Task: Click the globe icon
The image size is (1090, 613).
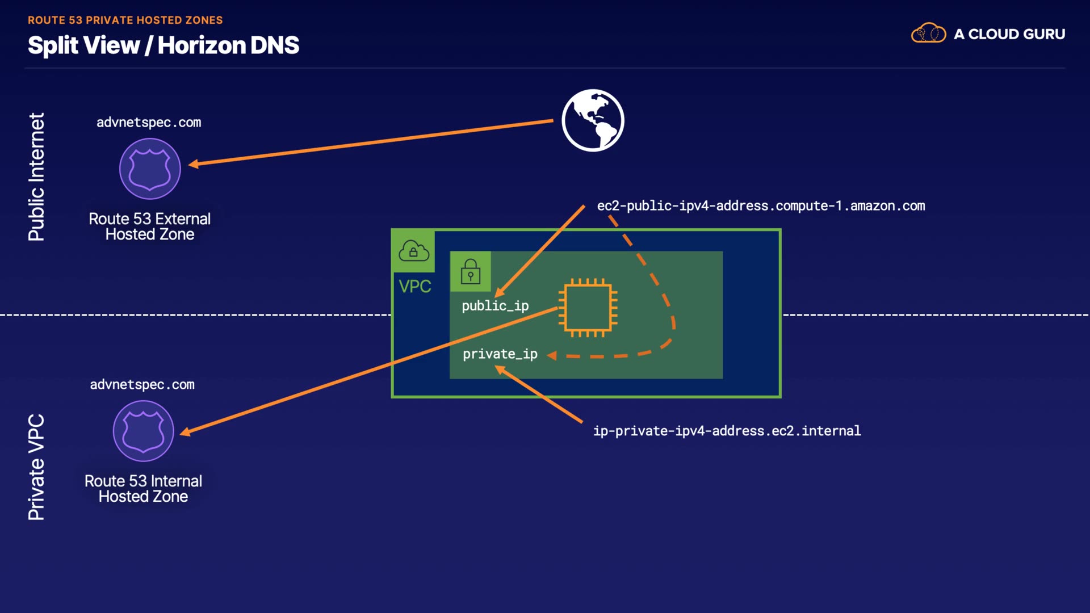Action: coord(593,120)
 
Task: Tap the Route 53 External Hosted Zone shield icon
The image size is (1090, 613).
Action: coord(150,169)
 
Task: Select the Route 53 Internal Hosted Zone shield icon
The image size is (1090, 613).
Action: coord(143,431)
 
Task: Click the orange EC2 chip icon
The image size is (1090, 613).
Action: coord(588,308)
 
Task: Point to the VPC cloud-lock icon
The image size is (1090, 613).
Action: coord(413,251)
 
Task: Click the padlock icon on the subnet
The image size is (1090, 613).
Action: coord(470,271)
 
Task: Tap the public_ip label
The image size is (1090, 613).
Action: coord(495,306)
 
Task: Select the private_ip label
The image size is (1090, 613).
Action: coord(500,354)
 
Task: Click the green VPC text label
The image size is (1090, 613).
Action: coord(415,287)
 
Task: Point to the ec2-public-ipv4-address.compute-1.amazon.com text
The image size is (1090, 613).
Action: coord(761,206)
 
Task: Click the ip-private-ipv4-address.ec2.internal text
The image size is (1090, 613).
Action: coord(727,431)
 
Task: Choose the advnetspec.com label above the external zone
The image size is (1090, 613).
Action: coord(149,123)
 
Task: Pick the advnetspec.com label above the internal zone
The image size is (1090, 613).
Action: coord(142,385)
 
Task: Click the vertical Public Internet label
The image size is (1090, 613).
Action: coord(36,177)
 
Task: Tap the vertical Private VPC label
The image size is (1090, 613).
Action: coord(36,467)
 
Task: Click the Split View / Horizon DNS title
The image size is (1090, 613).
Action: coord(163,45)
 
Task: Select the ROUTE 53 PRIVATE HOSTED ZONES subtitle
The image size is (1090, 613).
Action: coord(125,20)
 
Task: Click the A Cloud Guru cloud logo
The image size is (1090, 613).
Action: coord(928,33)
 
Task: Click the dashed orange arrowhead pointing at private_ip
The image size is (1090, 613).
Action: coord(552,355)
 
